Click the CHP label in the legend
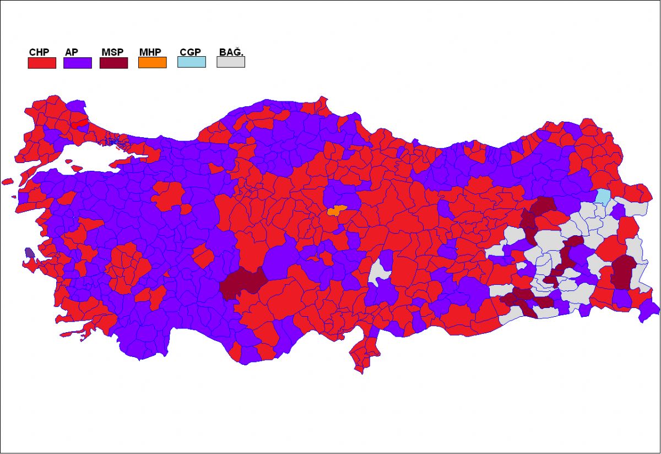click(39, 52)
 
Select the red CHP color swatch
click(42, 63)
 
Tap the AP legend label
click(72, 52)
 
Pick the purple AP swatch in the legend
click(78, 63)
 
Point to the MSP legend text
click(112, 52)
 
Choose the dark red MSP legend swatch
click(113, 63)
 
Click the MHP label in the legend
click(150, 52)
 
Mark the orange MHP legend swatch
click(152, 63)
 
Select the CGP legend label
click(190, 52)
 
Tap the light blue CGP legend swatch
click(192, 62)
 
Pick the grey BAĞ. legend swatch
click(231, 62)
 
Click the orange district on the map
click(335, 210)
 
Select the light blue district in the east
click(604, 197)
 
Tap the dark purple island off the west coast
click(29, 253)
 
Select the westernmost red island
click(7, 181)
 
